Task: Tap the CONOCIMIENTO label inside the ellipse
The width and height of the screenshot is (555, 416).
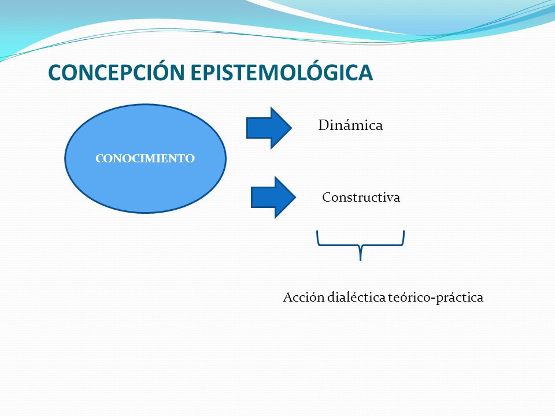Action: pos(145,158)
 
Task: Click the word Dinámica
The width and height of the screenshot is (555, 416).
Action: pos(350,125)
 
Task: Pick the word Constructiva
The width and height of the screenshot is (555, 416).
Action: pos(361,197)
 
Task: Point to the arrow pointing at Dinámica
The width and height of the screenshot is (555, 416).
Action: pos(269,128)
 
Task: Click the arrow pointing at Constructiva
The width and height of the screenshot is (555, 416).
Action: pos(273,198)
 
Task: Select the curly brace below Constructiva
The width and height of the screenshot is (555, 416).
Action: pos(360,244)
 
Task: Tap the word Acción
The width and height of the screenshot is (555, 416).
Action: pos(304,297)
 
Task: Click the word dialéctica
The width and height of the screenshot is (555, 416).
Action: pos(356,297)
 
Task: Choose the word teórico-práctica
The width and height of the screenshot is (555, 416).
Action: pos(436,298)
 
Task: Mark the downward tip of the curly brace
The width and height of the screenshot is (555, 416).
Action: pos(360,261)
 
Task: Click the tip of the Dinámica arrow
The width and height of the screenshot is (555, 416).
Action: pos(291,128)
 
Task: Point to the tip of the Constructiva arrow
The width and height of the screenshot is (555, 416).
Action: pos(296,198)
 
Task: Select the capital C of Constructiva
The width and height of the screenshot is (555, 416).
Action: pos(327,198)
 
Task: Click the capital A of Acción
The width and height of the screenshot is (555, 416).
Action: pos(288,298)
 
